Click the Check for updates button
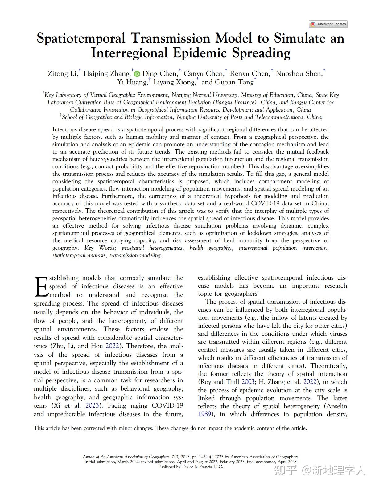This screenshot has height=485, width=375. pos(328,24)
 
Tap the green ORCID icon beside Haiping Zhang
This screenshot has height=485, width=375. pos(137,74)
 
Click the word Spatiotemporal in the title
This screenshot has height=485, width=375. pos(81,39)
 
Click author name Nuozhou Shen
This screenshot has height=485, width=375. pos(299,74)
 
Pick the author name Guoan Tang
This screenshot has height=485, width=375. pos(234,82)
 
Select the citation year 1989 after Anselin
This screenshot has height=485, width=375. pos(204,414)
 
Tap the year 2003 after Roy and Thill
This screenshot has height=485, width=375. pos(248,382)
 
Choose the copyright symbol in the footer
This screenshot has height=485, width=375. pos(211,457)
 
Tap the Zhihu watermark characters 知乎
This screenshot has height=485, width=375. pos(285,471)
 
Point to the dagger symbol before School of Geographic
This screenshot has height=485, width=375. pos(61,116)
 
